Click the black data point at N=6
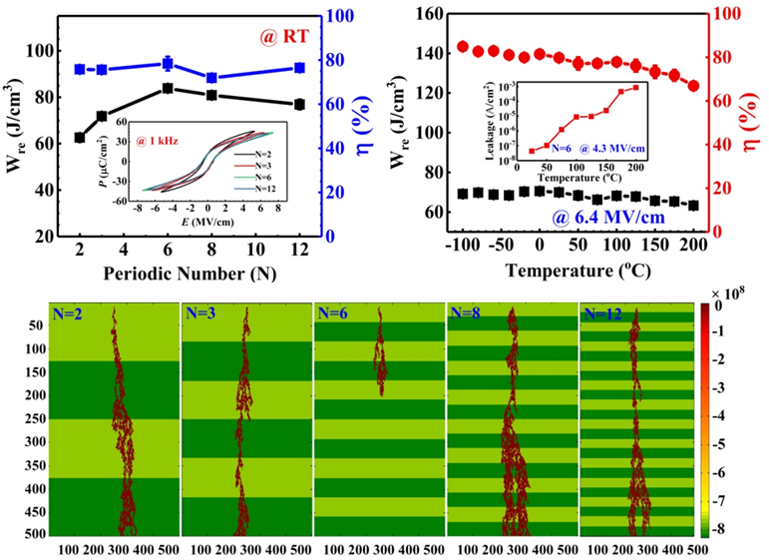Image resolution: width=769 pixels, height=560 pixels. pyautogui.click(x=168, y=89)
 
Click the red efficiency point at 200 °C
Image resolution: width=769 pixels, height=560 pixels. pyautogui.click(x=693, y=86)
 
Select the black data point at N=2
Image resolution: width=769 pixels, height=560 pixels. pyautogui.click(x=81, y=137)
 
